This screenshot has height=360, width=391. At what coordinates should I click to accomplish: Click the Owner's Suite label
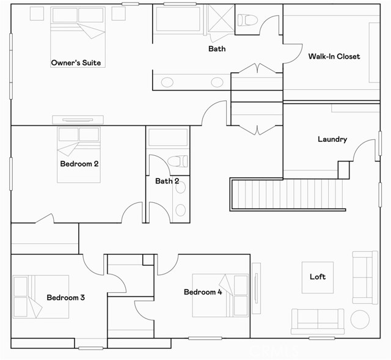point(76,62)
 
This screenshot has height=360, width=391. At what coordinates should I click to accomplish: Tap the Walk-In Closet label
point(334,56)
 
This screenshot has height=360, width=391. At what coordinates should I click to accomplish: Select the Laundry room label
point(332,139)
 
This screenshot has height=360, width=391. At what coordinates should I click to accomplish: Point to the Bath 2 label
point(167,181)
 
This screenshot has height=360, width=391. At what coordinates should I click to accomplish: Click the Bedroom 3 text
point(65,298)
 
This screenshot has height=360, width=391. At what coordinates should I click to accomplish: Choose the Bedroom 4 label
point(203,292)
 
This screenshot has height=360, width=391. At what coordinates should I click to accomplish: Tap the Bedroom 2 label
point(79,164)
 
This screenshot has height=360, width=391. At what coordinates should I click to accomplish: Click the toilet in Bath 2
point(177,162)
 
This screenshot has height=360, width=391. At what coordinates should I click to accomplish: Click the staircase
point(287,194)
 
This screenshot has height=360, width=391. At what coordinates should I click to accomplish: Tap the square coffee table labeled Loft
point(318,277)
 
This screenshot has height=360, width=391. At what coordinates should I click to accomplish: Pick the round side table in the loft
point(360,319)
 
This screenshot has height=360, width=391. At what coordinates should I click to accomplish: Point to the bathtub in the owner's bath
point(178,19)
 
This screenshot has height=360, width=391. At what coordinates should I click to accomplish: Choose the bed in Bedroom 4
point(221,295)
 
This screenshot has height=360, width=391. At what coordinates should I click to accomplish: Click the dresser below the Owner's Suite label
point(78,120)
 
